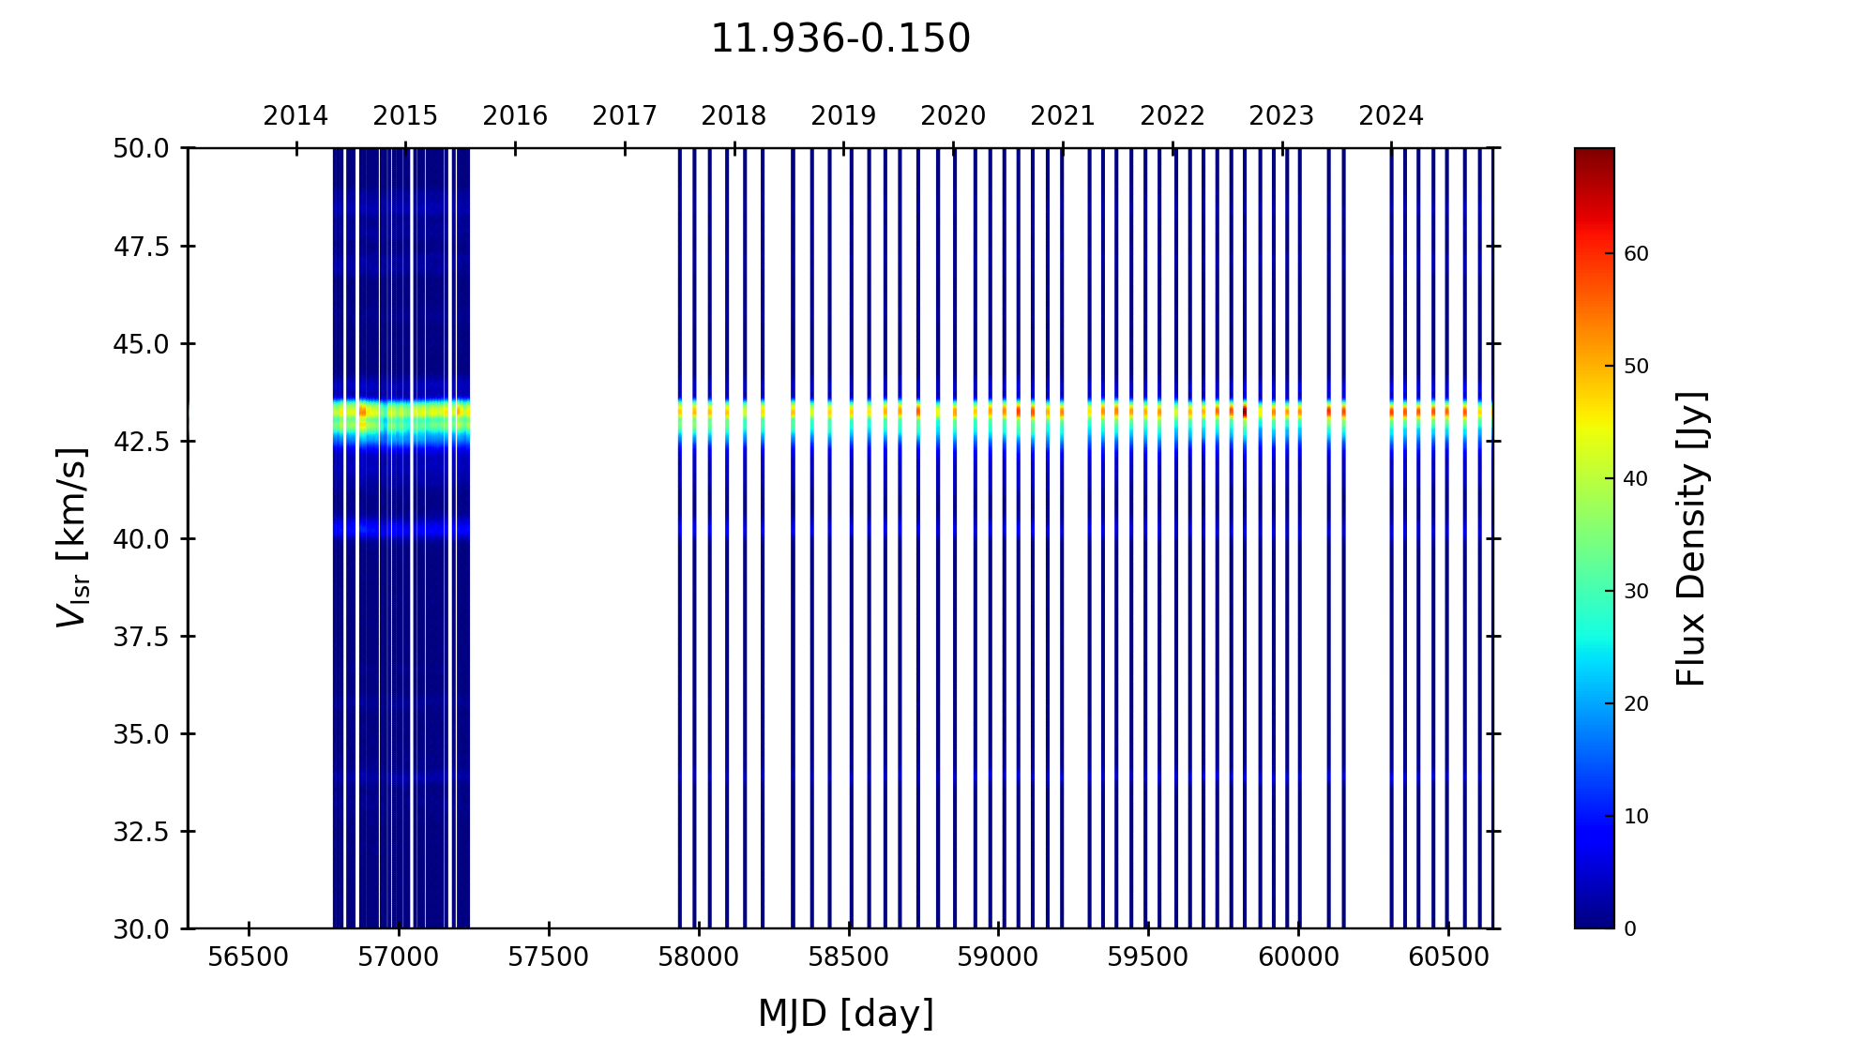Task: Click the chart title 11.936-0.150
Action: [x=840, y=39]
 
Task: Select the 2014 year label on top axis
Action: [x=295, y=116]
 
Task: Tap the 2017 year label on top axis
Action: [x=625, y=116]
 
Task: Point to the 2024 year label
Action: [x=1391, y=116]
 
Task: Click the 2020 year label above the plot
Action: [x=953, y=116]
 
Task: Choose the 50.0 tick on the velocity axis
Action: [x=142, y=148]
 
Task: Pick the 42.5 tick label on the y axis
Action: [x=142, y=441]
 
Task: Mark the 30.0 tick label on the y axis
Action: [x=142, y=929]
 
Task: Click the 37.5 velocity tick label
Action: [x=142, y=637]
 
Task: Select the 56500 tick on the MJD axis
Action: [x=249, y=957]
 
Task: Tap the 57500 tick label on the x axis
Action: [x=549, y=957]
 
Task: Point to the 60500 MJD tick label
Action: [x=1448, y=957]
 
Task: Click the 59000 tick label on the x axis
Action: [x=998, y=957]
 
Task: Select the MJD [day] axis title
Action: [x=846, y=1014]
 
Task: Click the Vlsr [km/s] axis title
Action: [x=72, y=537]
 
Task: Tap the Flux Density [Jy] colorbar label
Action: [x=1691, y=538]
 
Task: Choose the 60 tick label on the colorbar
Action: [x=1636, y=254]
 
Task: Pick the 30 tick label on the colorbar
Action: [x=1636, y=592]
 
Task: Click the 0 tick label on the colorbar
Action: [x=1630, y=929]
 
